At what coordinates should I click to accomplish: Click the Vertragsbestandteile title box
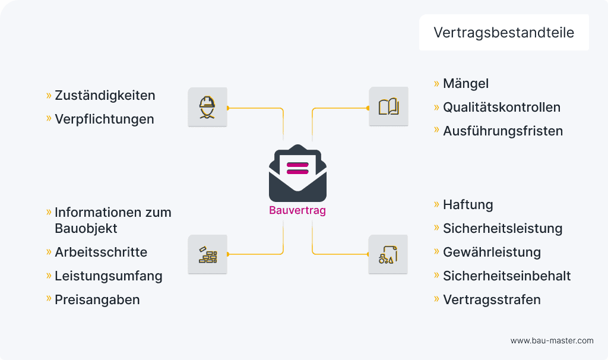pos(503,33)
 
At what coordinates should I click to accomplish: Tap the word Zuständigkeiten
pos(104,95)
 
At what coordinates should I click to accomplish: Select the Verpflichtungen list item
pos(104,119)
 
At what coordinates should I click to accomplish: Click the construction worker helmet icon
pos(207,107)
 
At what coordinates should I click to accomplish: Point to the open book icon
pos(388,107)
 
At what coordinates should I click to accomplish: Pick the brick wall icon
pos(207,254)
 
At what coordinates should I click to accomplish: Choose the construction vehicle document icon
pos(388,254)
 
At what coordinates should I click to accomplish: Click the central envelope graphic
pos(297,173)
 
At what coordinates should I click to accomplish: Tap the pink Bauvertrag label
pos(297,210)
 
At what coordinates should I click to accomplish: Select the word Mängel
pos(465,84)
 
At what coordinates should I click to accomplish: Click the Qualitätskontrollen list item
pos(501,108)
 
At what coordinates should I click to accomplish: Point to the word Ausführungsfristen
pos(502,131)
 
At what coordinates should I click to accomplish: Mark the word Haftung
pos(468,205)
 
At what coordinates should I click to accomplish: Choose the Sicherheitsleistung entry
pos(502,229)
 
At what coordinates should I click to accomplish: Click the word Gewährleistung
pos(492,252)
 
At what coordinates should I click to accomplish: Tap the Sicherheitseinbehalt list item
pos(506,276)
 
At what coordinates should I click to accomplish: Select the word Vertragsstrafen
pos(492,299)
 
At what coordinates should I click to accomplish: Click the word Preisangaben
pos(97,299)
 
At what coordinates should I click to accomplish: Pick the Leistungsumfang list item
pos(108,276)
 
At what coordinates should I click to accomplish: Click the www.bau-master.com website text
pos(552,341)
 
